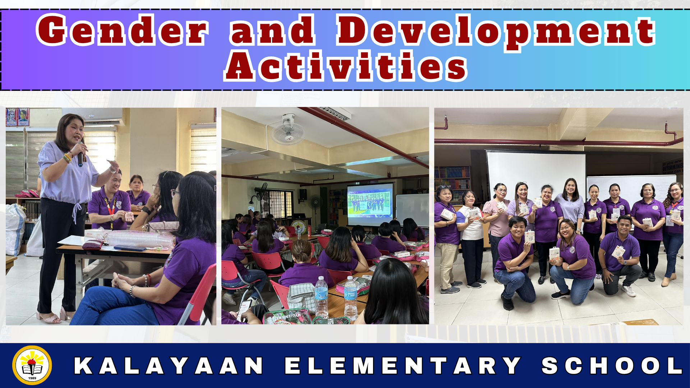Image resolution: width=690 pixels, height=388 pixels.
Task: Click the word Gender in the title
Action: [x=122, y=30]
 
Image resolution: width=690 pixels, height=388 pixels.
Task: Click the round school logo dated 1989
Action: [x=32, y=365]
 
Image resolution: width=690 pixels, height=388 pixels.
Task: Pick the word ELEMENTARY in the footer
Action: [x=403, y=366]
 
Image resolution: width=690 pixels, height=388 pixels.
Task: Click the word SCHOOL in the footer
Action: [x=612, y=366]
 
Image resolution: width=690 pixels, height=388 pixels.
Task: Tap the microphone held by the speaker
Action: [x=80, y=154]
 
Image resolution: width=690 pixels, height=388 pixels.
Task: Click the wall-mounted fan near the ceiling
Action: [x=288, y=130]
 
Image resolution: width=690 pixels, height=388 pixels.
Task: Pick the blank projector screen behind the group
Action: [x=536, y=172]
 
